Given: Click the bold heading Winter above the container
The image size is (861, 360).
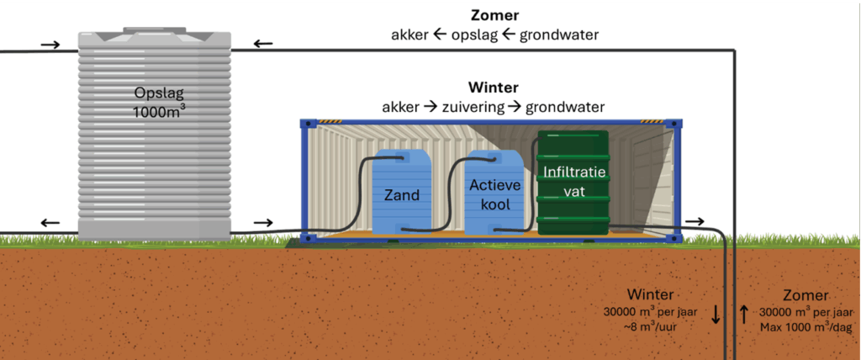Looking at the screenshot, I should (x=493, y=87).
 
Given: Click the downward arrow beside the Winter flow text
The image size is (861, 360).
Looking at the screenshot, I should (x=716, y=315).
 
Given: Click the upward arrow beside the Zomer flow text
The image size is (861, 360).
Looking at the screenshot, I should (x=744, y=315).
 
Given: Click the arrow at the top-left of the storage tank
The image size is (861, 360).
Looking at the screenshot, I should (x=50, y=44).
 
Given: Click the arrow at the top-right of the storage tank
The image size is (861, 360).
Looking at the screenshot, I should (x=263, y=44).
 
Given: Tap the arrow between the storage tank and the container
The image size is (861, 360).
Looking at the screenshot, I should (x=263, y=223).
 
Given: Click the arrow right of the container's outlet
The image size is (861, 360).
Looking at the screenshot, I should (x=695, y=221).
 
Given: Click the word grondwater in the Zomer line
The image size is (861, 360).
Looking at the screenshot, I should (x=559, y=35).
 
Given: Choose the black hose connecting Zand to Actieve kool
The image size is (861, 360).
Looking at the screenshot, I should (x=450, y=193).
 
